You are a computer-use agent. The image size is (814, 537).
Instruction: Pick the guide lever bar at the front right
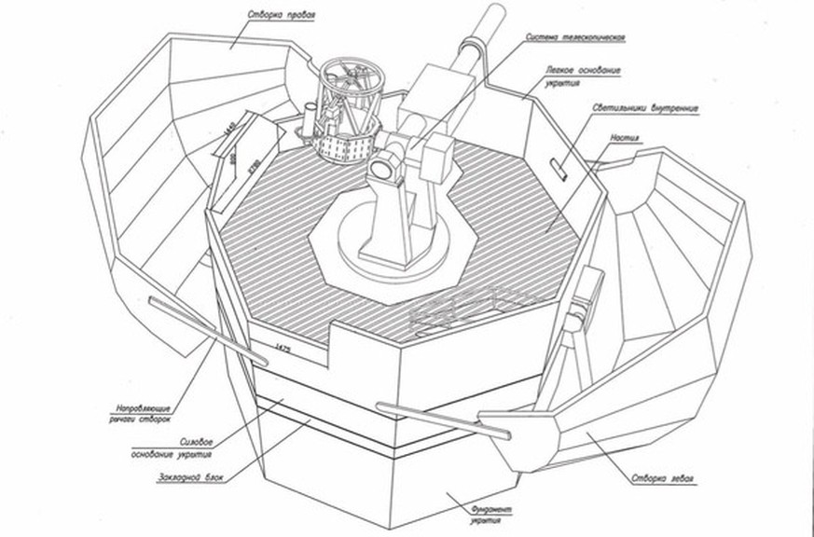click(443, 419)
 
